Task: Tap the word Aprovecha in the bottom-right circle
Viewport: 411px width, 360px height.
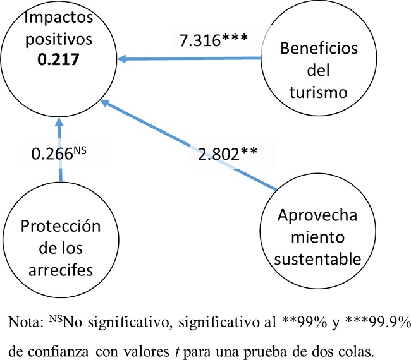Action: tap(318, 215)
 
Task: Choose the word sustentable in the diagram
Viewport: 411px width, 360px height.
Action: tap(318, 258)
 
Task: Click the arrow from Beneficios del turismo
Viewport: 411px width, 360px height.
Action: tap(190, 59)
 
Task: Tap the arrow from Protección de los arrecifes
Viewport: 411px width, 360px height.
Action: tap(59, 152)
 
